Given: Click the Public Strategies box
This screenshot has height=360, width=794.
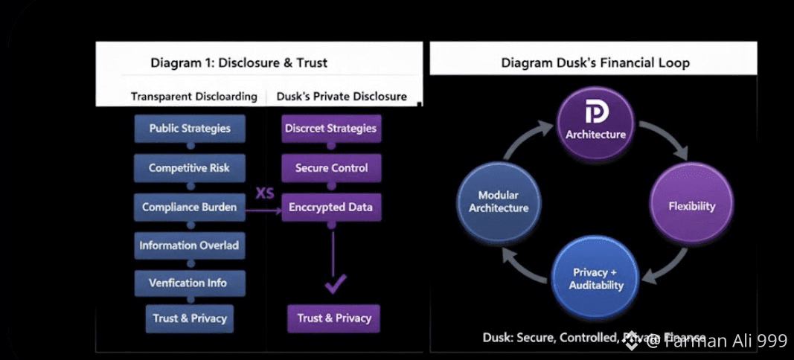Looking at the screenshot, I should click(x=190, y=128).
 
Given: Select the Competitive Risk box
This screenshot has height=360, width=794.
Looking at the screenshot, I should click(x=189, y=167).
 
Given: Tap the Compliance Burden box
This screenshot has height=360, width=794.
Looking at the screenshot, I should click(x=189, y=207).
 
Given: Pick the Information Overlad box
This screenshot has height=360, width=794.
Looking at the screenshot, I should click(x=189, y=245).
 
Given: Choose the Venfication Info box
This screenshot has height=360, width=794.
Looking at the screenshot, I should click(x=189, y=283).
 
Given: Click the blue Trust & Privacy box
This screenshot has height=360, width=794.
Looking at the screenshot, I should click(x=190, y=318).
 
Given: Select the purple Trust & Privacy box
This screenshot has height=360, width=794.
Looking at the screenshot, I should click(x=334, y=318).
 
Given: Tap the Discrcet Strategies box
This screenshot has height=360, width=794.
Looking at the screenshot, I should click(x=330, y=128).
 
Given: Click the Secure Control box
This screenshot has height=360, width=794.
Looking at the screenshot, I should click(x=331, y=167).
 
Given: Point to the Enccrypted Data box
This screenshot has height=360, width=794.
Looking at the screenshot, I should click(x=331, y=207).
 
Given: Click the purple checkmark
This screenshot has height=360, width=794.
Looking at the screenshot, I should click(x=336, y=283).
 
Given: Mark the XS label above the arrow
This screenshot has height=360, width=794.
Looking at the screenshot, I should click(x=265, y=193).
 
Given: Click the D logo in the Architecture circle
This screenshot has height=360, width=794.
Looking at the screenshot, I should click(x=596, y=113).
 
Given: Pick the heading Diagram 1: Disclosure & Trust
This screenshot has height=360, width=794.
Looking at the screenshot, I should click(x=238, y=62).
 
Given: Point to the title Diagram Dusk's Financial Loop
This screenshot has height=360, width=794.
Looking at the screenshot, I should click(x=595, y=62).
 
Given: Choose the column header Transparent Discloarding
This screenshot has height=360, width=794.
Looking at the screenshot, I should click(x=193, y=97).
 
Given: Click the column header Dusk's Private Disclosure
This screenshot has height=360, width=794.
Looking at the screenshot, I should click(x=342, y=97).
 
